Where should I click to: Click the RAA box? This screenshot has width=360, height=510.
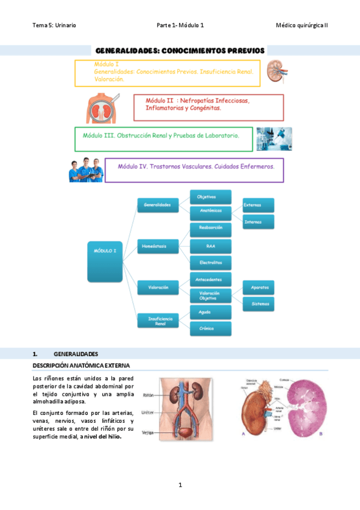click(210, 245)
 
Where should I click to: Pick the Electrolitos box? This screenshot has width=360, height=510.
click(210, 262)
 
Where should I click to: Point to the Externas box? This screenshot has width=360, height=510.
click(258, 204)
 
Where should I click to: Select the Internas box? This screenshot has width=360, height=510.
click(258, 221)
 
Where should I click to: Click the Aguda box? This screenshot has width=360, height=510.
click(210, 312)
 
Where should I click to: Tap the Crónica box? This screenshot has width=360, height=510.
click(210, 328)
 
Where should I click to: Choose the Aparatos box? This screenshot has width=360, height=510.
click(258, 287)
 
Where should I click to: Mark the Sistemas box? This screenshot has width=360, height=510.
click(258, 304)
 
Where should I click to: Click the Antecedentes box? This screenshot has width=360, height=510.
click(210, 279)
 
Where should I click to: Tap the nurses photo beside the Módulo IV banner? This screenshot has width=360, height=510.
click(86, 170)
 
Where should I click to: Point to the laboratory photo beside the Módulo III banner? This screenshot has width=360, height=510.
click(274, 138)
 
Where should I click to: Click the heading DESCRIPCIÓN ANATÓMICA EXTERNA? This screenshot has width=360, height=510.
click(81, 365)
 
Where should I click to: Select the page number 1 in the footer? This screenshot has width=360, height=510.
click(180, 485)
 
